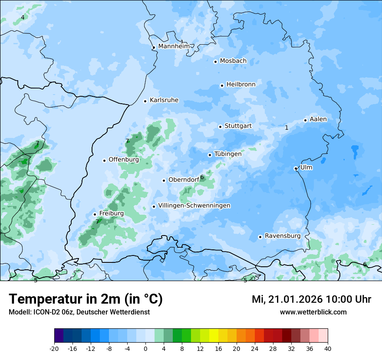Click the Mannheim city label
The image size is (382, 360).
coord(174,46)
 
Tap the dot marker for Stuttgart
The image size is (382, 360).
coord(220,127)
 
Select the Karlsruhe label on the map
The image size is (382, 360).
coord(164,100)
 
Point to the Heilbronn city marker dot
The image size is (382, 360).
coord(222,85)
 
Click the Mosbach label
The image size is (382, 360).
coord(233,61)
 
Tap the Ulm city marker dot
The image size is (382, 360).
coord(296,168)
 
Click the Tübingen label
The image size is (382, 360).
coord(227,154)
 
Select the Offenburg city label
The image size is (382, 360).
coord(123,160)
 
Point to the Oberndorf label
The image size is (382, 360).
coord(183,180)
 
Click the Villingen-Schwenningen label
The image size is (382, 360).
coord(194,206)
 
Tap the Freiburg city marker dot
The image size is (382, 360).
coord(95,214)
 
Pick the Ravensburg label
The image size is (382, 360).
coord(282,236)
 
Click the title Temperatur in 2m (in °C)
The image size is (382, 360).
coord(86,299)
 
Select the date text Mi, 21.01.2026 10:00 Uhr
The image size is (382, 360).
coord(311,299)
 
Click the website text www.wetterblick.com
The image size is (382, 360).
coord(313,312)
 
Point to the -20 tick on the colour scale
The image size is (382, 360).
coord(54,348)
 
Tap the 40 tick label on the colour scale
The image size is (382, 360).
coord(327,348)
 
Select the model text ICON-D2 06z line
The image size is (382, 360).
coord(79,312)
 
